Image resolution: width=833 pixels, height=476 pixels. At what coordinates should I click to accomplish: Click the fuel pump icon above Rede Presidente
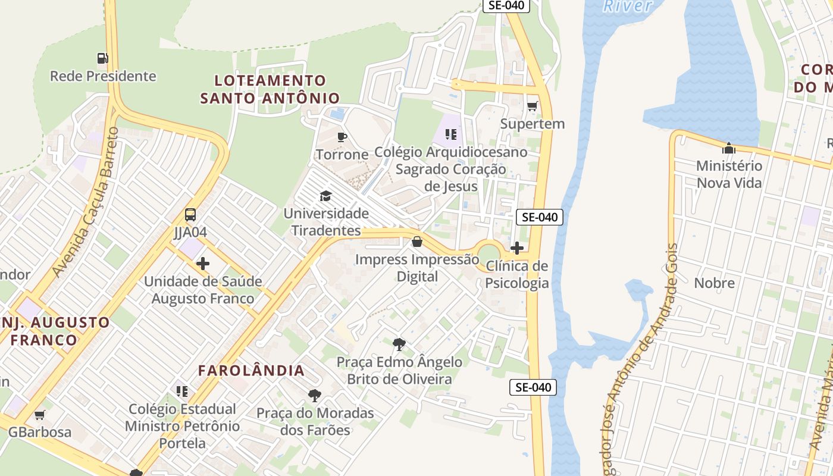click(103, 58)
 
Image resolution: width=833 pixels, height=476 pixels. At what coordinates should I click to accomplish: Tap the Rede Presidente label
click(103, 76)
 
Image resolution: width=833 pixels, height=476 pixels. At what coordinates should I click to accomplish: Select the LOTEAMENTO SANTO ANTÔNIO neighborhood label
click(270, 89)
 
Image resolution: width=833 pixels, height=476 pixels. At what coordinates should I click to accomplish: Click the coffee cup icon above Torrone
click(342, 137)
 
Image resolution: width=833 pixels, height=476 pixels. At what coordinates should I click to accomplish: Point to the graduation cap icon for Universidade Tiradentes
click(325, 196)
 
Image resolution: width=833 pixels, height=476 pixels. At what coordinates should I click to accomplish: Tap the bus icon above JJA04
click(190, 215)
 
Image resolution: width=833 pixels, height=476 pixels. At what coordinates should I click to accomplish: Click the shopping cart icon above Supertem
click(532, 107)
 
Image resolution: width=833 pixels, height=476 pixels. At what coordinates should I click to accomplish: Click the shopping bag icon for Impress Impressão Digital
click(417, 242)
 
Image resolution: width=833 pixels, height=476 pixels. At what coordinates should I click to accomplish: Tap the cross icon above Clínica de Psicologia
click(517, 248)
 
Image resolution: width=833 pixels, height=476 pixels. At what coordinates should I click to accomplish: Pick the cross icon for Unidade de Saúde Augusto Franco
click(203, 263)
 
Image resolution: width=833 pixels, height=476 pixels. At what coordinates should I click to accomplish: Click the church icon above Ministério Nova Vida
click(729, 148)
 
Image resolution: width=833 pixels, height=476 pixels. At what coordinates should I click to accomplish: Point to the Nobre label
click(715, 283)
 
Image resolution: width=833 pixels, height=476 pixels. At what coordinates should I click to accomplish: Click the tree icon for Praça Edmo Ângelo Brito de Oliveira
click(399, 344)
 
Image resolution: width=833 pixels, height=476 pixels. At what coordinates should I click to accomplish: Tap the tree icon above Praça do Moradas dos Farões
click(315, 395)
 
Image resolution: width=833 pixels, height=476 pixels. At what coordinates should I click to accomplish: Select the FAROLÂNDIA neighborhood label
click(251, 371)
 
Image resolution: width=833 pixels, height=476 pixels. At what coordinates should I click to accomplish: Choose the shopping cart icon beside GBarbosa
click(39, 415)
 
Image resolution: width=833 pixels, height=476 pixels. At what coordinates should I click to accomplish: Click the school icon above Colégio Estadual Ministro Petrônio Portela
click(182, 391)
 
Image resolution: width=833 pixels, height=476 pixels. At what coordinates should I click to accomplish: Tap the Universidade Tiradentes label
click(325, 221)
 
